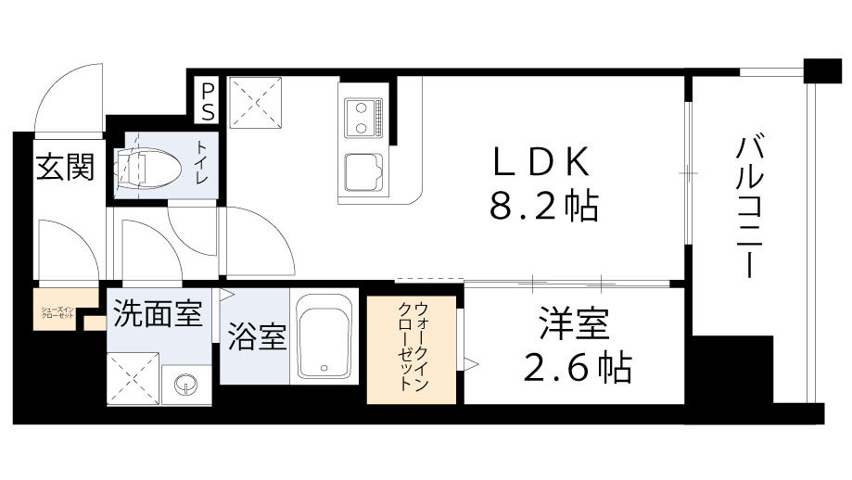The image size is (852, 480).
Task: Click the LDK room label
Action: [x=540, y=164]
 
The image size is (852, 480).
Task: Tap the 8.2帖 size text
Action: [x=542, y=206]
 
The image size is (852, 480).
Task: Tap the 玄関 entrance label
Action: [x=65, y=168]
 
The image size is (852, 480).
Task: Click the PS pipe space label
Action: [x=208, y=100]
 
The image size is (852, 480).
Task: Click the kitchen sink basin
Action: [x=362, y=172]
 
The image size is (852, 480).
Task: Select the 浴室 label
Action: [x=255, y=337]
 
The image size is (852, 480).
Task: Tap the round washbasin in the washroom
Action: [x=186, y=383]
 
